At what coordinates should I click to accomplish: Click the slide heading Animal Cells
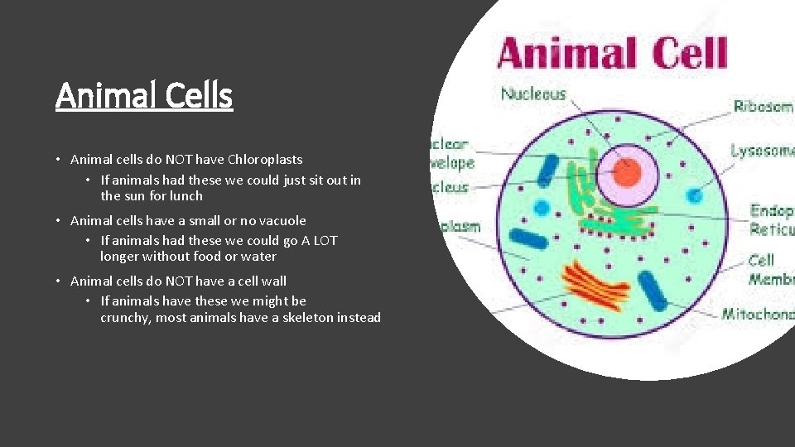point(144,95)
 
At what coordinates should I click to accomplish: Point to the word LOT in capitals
point(325,240)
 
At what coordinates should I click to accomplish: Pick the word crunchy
point(127,318)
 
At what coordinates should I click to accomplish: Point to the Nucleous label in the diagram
point(532,94)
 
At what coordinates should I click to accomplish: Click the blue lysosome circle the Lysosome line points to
point(694,195)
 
